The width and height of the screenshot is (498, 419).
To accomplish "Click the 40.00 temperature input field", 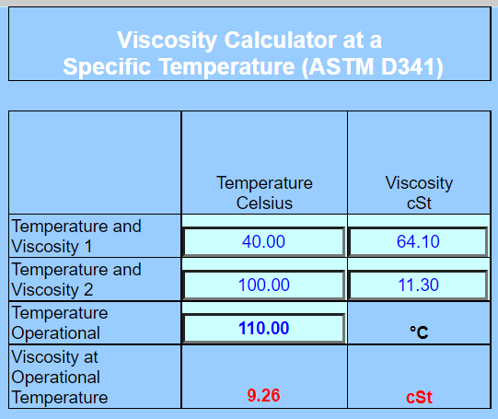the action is click(x=263, y=241).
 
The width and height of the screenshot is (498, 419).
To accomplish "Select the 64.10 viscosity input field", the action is click(x=418, y=241).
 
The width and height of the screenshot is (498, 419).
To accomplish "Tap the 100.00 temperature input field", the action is click(x=263, y=285).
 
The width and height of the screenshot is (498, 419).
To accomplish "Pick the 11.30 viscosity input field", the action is click(x=418, y=285).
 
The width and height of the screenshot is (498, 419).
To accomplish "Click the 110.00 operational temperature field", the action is click(x=263, y=328).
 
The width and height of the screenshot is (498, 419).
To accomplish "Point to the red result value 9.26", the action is click(x=263, y=395).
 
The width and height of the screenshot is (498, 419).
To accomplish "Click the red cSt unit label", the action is click(x=419, y=397).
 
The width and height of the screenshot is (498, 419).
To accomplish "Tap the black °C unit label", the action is click(x=419, y=332).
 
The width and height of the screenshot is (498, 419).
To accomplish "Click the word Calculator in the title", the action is click(x=281, y=40).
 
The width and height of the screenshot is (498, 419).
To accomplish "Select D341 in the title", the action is click(x=412, y=67).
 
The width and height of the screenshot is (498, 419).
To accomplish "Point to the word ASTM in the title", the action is click(x=342, y=67).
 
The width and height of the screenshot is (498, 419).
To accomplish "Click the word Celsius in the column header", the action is click(x=264, y=203).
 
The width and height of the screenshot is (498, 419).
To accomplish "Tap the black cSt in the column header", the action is click(x=419, y=203).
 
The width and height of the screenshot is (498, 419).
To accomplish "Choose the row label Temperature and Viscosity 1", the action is click(x=76, y=237).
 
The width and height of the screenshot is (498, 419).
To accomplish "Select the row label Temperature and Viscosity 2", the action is click(x=76, y=280).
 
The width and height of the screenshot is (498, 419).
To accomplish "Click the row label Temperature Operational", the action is click(x=60, y=323).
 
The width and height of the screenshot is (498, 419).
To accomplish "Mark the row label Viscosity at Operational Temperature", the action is click(x=60, y=377).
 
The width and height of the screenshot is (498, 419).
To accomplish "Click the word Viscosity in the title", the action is click(x=167, y=41).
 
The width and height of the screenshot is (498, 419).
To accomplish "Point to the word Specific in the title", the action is click(x=107, y=67).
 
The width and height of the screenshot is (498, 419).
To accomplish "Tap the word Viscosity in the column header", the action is click(x=419, y=183).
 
